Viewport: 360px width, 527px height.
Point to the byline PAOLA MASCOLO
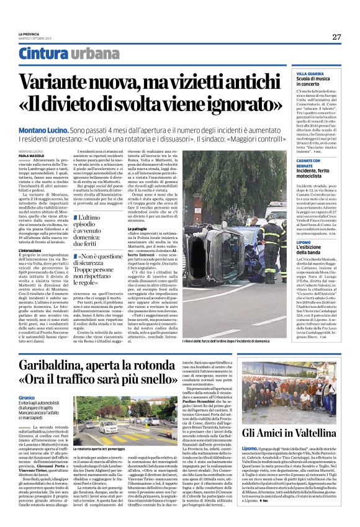click(28, 156)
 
